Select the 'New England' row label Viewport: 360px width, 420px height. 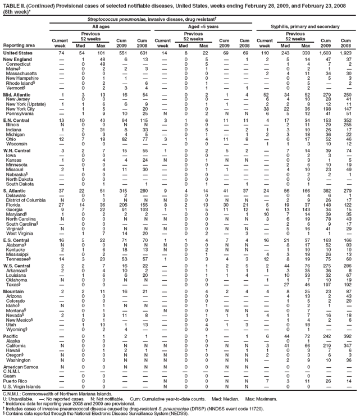tap(19, 60)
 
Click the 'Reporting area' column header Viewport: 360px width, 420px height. tap(19, 45)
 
